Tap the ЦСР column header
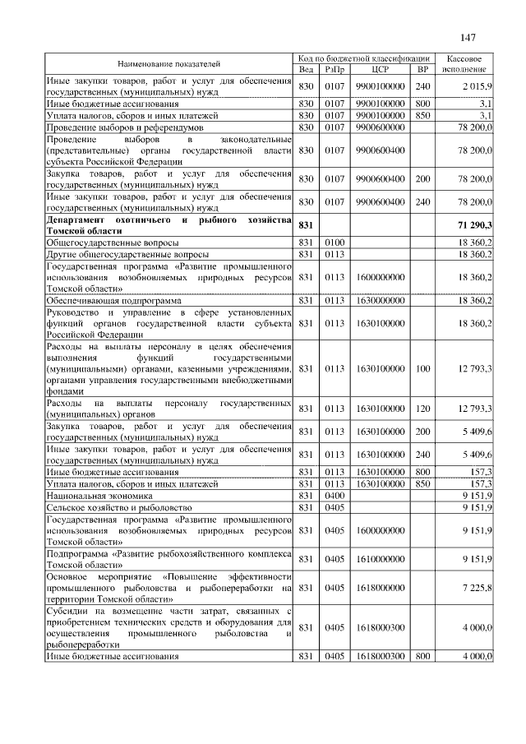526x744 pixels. (379, 69)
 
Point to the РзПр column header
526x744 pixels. (335, 69)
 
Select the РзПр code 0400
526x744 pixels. (334, 496)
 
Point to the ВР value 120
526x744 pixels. (423, 409)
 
